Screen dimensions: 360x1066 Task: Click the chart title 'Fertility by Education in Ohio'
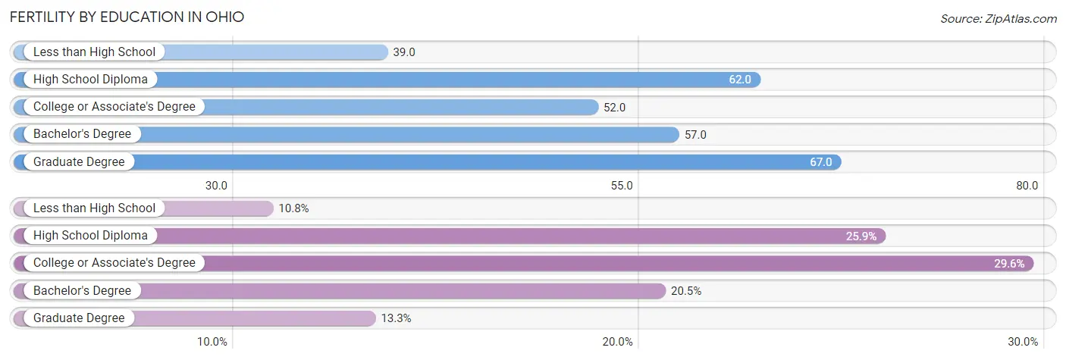coord(127,17)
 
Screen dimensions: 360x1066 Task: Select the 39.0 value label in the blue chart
coord(404,52)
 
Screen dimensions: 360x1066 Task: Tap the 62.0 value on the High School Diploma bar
coord(740,80)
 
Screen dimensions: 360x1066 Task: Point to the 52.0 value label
coord(615,107)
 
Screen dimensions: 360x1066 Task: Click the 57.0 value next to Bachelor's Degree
coord(695,134)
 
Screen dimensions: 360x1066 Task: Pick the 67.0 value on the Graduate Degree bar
coord(821,161)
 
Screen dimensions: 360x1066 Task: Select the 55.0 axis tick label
coord(622,186)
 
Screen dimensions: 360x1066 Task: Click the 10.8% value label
coord(293,208)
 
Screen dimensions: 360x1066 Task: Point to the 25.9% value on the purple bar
coord(861,236)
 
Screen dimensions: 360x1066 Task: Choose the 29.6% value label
coord(1009,264)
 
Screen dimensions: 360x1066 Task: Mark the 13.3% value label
coord(396,318)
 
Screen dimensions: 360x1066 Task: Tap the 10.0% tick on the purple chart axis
coord(212,342)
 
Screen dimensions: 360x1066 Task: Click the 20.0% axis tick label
coord(618,342)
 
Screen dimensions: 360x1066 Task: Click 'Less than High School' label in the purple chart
coord(94,208)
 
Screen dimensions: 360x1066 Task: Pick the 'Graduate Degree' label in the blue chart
coord(79,161)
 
